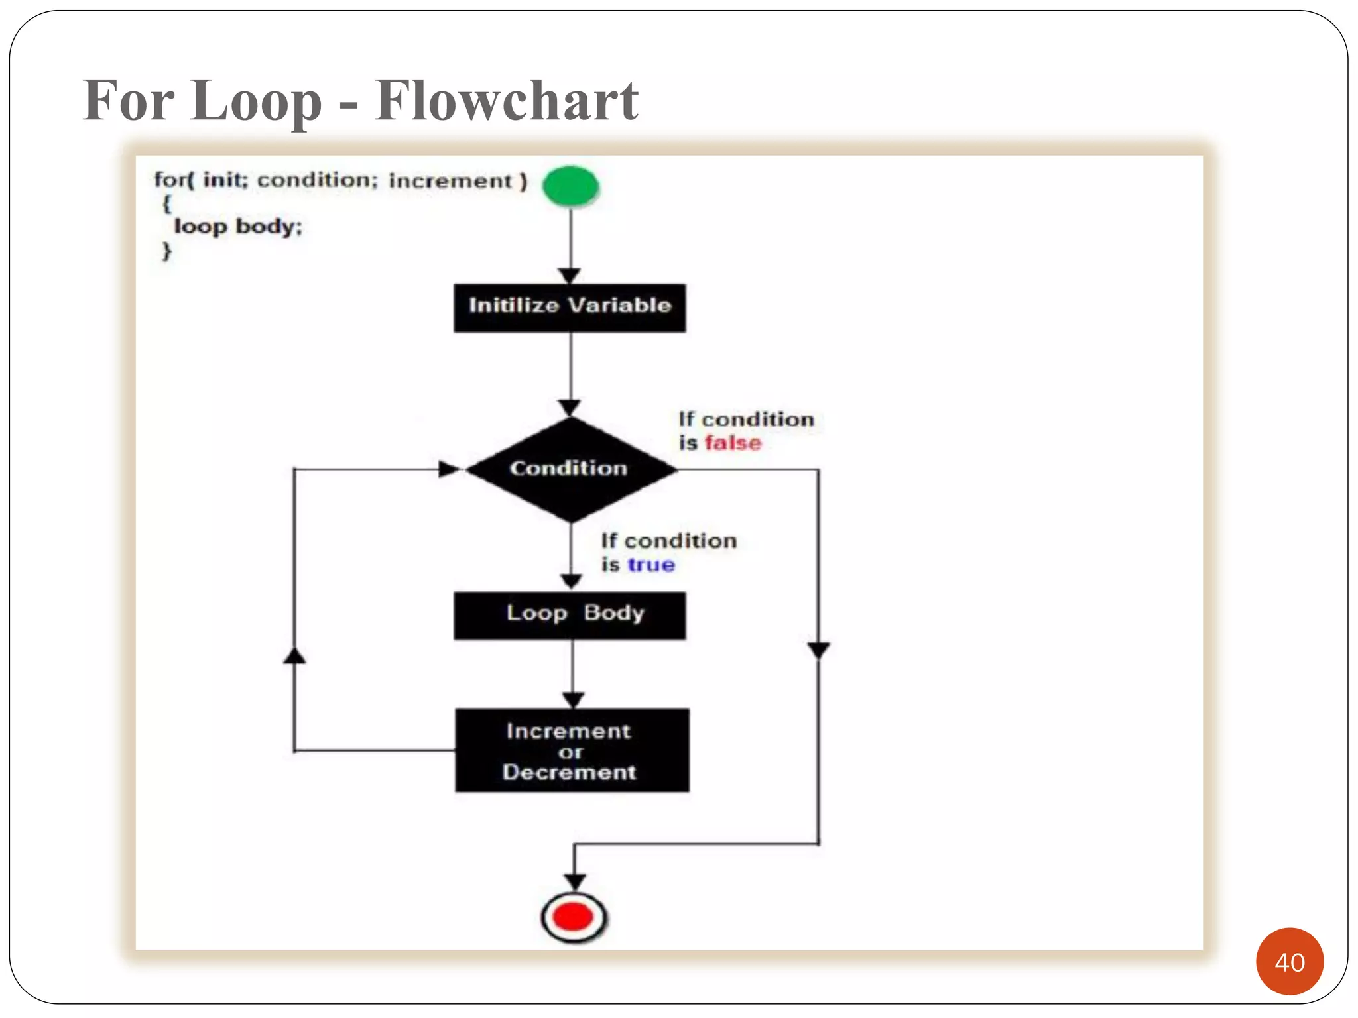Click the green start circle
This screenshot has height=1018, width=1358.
[570, 186]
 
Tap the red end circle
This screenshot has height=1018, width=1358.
[574, 917]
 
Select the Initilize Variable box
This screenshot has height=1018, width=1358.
[570, 308]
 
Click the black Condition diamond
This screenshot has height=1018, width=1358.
[570, 469]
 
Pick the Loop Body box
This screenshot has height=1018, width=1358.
[570, 615]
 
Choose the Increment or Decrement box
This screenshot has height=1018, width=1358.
[572, 750]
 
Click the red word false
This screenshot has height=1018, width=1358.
[733, 443]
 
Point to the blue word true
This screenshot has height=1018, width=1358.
[651, 565]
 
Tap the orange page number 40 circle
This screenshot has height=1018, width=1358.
[1289, 961]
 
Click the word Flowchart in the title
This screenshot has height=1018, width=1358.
[506, 101]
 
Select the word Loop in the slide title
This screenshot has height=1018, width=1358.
[255, 101]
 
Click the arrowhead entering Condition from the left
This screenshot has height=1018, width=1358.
[449, 469]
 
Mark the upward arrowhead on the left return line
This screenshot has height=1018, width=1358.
[294, 655]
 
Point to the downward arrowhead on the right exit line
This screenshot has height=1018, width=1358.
[818, 650]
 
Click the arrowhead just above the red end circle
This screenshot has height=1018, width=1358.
[574, 881]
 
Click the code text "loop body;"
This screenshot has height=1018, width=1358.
[237, 227]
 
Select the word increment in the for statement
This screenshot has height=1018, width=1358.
[450, 181]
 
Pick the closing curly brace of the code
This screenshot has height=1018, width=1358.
[166, 251]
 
